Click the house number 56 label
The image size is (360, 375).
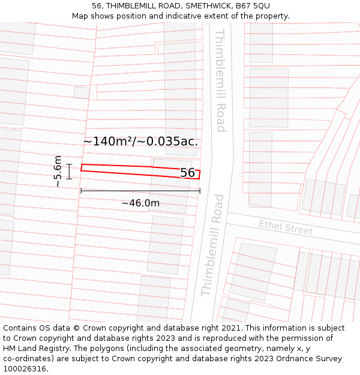tap(187, 173)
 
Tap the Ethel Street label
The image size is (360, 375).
tap(286, 227)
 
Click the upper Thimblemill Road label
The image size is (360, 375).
tap(221, 80)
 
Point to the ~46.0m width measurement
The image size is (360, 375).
tap(140, 203)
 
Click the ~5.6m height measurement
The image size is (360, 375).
tap(58, 171)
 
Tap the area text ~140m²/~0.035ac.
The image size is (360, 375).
tap(140, 142)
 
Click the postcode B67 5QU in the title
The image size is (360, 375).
tap(253, 6)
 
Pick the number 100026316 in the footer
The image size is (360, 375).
tap(24, 369)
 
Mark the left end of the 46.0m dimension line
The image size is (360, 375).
tap(81, 191)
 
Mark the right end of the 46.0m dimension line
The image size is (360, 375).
tap(200, 191)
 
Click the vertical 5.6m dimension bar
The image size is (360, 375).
tap(70, 171)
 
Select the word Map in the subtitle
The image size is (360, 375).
tap(80, 16)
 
